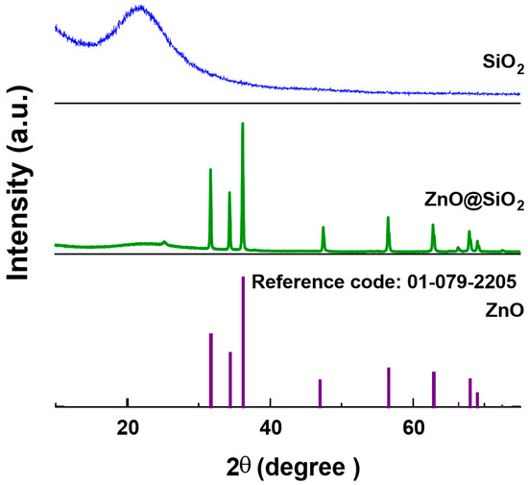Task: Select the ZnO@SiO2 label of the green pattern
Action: tap(474, 203)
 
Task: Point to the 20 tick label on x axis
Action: tap(127, 427)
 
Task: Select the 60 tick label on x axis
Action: tap(413, 427)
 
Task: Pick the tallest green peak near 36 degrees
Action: tap(242, 125)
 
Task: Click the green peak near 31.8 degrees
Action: tap(210, 171)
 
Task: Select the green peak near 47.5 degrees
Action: tap(324, 229)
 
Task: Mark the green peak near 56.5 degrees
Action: tap(388, 219)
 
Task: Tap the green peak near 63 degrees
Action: tap(433, 227)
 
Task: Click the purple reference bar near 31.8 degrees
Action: tap(211, 370)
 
